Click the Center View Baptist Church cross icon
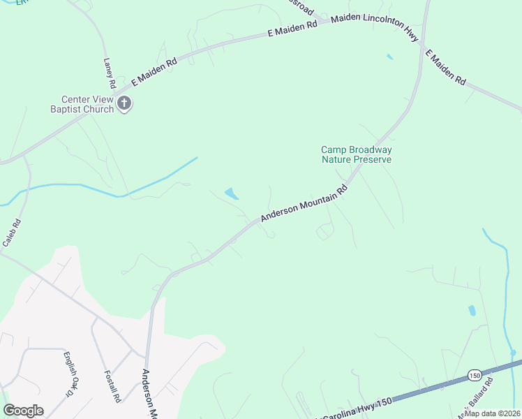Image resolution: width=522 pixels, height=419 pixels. pos(124,104)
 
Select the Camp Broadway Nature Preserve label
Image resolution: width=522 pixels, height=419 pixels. pos(356,154)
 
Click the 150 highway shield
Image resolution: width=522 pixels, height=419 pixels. pos(474,374)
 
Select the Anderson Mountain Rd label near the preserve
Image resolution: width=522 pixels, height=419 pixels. pos(304,204)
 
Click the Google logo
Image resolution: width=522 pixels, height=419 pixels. pos(23,411)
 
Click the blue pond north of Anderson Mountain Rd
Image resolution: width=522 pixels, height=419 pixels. pos(231,193)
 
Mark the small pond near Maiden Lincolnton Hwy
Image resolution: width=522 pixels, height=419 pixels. pos(389,57)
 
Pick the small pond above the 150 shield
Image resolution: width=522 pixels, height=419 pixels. pos(472,310)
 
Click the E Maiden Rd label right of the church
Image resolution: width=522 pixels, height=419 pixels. pos(154,71)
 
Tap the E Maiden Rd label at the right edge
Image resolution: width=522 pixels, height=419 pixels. pos(445,67)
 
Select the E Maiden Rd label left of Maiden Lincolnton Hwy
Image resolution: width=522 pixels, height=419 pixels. pos(292,29)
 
